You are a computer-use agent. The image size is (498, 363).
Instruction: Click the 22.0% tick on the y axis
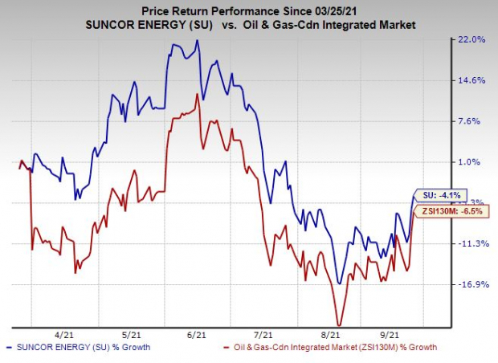click(472, 39)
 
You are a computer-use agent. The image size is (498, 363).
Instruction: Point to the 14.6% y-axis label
click(472, 80)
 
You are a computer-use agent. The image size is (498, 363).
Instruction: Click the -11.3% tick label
click(471, 244)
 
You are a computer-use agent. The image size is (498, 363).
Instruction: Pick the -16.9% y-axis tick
click(471, 285)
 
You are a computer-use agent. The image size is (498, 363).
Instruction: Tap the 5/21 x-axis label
click(133, 333)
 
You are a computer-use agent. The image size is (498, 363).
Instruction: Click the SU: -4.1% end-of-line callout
click(441, 194)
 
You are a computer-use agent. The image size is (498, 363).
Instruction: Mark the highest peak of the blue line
click(198, 41)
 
